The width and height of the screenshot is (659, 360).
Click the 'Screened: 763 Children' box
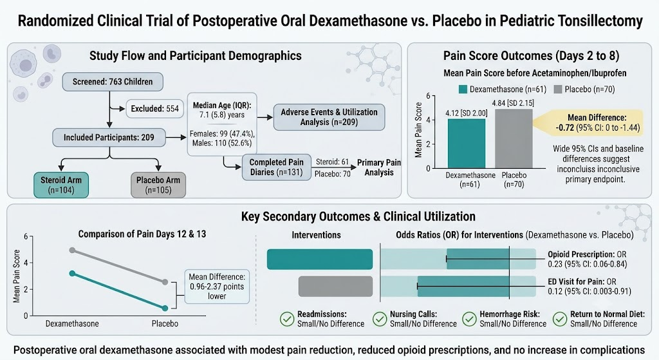click(113, 82)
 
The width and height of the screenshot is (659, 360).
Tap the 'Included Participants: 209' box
click(109, 138)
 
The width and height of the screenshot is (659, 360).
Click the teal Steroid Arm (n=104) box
click(61, 185)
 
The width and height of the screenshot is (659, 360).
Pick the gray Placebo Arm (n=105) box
click(158, 185)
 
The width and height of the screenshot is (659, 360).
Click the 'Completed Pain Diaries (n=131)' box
click(277, 167)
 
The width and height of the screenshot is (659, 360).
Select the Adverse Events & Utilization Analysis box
click(329, 117)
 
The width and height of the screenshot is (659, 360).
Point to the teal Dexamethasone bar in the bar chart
click(467, 144)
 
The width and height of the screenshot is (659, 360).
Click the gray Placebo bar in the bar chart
click(514, 139)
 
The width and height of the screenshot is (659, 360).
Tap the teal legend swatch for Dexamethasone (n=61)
click(463, 89)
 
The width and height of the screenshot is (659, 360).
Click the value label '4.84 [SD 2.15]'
click(513, 103)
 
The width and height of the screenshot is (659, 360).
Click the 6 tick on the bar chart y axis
click(428, 96)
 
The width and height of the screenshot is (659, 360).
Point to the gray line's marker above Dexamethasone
click(72, 251)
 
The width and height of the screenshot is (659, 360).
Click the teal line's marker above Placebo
click(165, 308)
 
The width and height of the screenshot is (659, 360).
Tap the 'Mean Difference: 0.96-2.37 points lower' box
click(217, 287)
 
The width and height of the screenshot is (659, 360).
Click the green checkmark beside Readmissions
click(287, 319)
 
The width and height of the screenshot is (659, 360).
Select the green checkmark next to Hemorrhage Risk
click(469, 319)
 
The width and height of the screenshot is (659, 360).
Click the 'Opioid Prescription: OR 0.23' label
click(587, 259)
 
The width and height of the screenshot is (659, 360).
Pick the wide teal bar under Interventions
click(320, 259)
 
